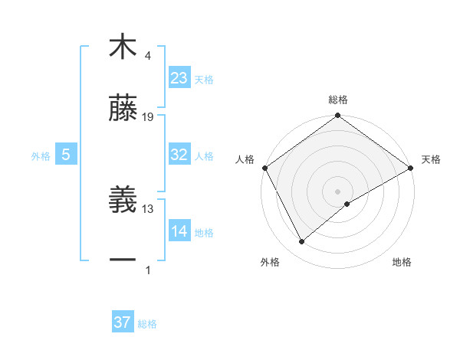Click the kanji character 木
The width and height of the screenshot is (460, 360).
pos(123,47)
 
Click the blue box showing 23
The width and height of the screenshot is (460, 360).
pos(179,78)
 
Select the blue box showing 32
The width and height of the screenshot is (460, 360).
pos(179,155)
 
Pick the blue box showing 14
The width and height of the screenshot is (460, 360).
pos(179,231)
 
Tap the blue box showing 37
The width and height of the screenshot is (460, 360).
pos(123,322)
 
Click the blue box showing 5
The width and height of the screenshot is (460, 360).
pos(66,155)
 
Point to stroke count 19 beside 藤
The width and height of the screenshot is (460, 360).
pos(149,117)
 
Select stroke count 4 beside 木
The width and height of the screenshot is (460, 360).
pos(147,56)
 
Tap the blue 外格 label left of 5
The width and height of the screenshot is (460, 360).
pos(41,155)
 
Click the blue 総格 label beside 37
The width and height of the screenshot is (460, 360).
pos(147,324)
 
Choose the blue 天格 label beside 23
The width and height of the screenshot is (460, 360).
pos(204,80)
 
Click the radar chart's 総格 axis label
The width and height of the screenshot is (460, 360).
pos(338,100)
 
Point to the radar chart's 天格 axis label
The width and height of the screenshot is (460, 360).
pos(431,159)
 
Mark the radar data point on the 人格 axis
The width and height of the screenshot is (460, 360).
pos(264,167)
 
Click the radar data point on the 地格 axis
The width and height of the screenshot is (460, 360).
pos(347,204)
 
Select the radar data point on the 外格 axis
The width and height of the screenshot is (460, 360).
pos(302,241)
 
